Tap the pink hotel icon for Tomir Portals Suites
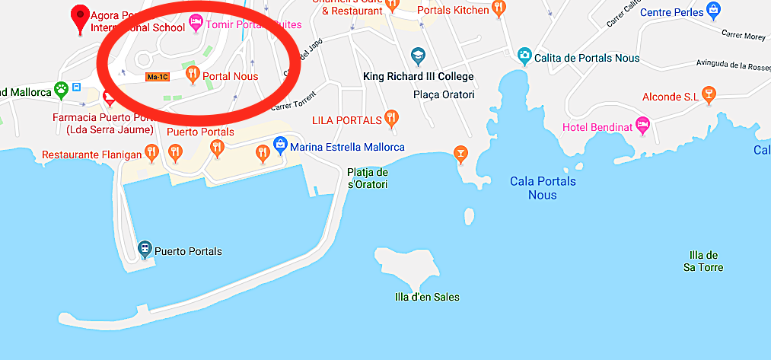pos(196,24)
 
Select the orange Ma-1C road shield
pos(158,77)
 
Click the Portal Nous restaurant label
pos(230,76)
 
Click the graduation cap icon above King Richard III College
pos(417,56)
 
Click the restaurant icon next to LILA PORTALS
pos(391,118)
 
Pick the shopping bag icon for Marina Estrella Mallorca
pos(280,145)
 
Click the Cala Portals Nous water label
pos(542,188)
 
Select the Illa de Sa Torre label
pos(702,261)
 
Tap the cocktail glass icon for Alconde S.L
pos(709,95)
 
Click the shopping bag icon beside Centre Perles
pos(712,10)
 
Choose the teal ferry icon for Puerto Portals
pos(144,248)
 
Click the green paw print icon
pos(62,91)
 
